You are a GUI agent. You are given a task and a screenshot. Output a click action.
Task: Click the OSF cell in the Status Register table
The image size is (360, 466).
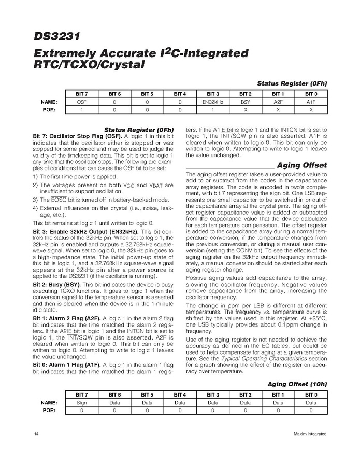click(x=82, y=103)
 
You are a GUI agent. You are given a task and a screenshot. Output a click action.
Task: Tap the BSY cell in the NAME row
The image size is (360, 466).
click(x=246, y=103)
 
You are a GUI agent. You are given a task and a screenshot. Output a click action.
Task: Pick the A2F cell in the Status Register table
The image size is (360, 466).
click(x=278, y=103)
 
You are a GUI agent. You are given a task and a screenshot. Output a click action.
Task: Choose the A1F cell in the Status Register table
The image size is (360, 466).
click(x=311, y=103)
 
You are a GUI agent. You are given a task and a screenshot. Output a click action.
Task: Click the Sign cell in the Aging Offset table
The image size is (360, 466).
click(x=82, y=402)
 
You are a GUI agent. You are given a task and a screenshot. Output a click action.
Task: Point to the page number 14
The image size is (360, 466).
click(x=35, y=433)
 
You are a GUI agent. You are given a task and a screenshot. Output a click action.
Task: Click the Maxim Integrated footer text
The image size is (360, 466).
click(x=309, y=433)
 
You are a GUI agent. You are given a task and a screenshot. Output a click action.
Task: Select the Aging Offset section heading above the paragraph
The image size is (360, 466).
click(x=303, y=165)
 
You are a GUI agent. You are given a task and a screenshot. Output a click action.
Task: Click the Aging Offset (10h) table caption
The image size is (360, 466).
click(x=297, y=384)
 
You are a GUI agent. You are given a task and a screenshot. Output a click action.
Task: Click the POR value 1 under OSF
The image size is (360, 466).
click(x=82, y=110)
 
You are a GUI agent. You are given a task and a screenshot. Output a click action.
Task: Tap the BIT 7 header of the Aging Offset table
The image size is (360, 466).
click(x=82, y=394)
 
